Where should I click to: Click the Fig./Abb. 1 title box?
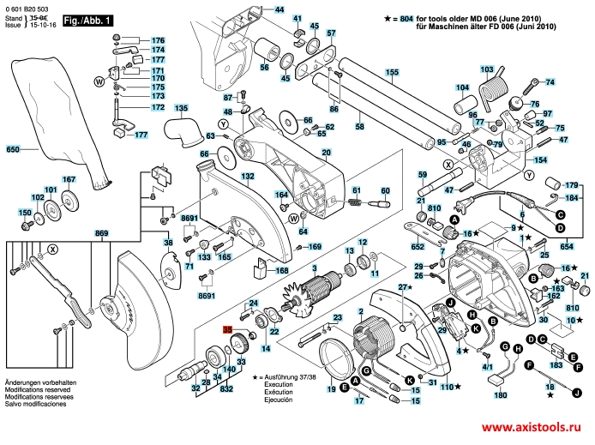tap(89, 20)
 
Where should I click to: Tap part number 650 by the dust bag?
tap(12, 150)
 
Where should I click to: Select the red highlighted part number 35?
tap(227, 329)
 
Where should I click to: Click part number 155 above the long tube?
tap(391, 72)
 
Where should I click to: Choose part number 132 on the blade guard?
tap(247, 176)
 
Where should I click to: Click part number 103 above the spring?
tap(487, 69)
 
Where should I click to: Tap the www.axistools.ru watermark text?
tap(533, 428)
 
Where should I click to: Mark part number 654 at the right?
tap(567, 246)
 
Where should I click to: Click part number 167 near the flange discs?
tap(69, 179)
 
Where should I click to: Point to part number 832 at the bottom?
tap(226, 388)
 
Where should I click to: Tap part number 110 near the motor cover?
tap(445, 387)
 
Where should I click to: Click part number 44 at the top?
tap(279, 9)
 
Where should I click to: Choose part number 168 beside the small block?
tap(280, 271)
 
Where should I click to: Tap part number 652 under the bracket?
tap(418, 247)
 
